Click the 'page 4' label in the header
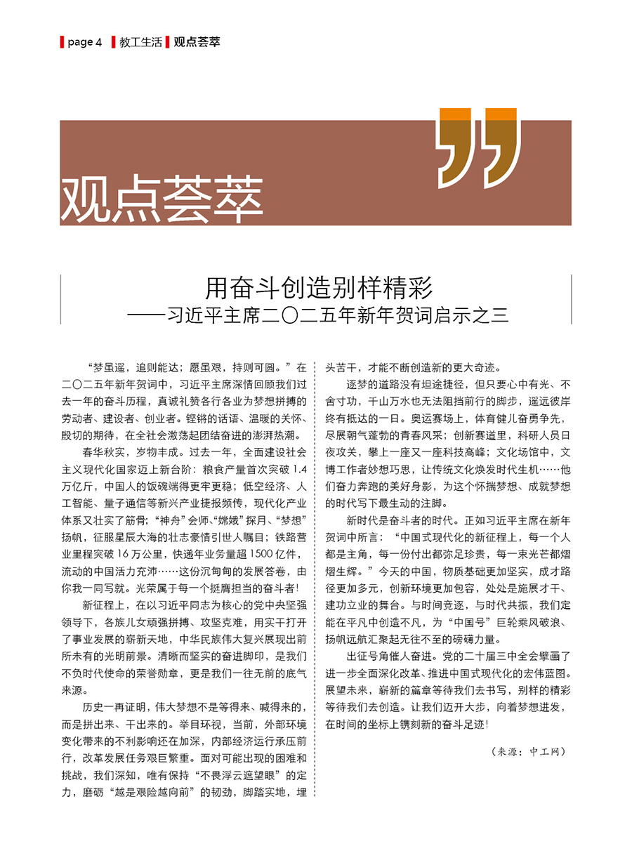coord(85,42)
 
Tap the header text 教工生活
coord(140,42)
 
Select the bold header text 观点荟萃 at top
coord(197,42)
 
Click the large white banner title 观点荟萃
coord(162,198)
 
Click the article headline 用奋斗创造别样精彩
coord(318,288)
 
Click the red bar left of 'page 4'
coord(62,42)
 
